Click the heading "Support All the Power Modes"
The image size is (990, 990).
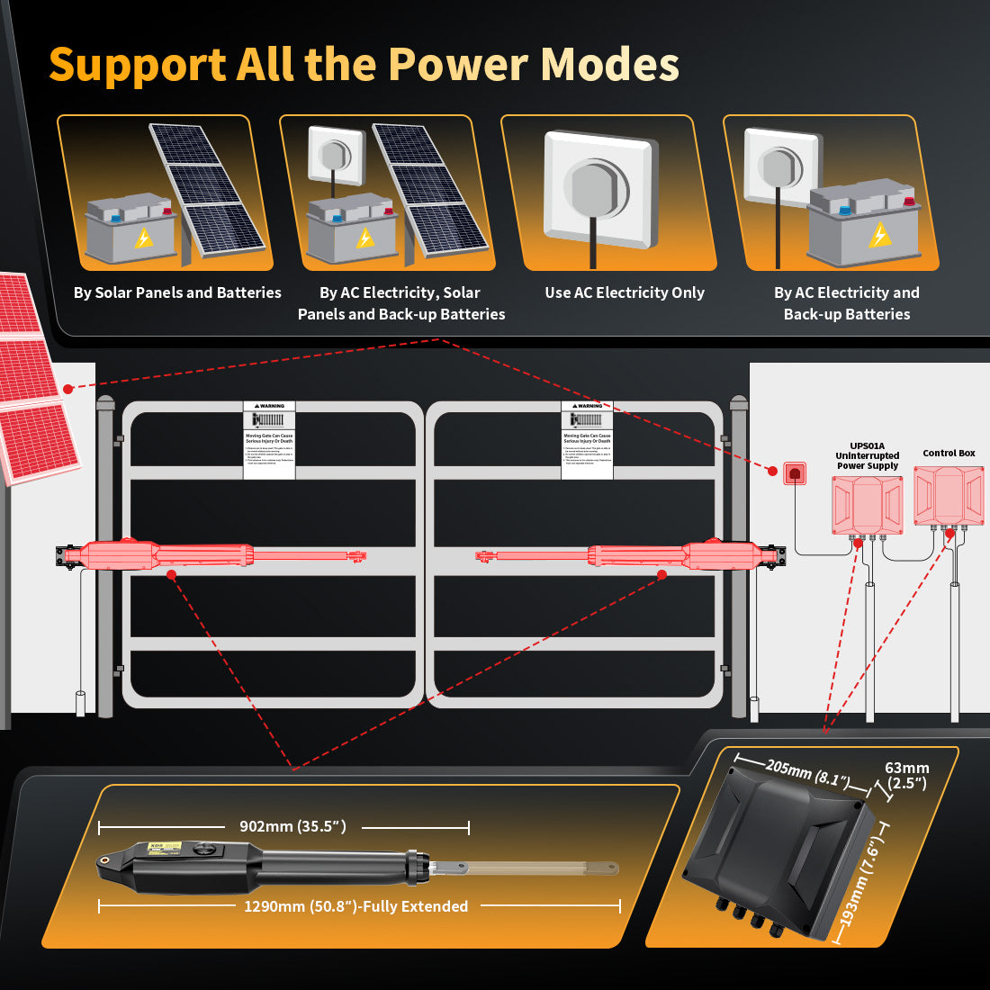(364, 65)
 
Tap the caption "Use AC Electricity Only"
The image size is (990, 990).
(624, 292)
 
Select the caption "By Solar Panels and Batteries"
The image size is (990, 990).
(177, 292)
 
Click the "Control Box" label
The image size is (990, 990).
(949, 454)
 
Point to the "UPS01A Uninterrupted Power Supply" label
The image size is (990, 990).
(868, 455)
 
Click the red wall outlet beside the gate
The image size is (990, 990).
(794, 472)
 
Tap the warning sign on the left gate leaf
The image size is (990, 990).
(269, 439)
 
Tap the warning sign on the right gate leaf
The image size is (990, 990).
(587, 439)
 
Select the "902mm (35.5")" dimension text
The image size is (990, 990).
(292, 826)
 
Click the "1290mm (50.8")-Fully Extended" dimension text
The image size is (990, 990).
(355, 906)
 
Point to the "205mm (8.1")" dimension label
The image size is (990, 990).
(806, 772)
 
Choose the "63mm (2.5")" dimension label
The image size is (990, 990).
(906, 775)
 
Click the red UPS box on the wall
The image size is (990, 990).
(867, 505)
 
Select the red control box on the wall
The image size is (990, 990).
(949, 496)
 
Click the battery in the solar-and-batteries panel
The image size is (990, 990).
(130, 229)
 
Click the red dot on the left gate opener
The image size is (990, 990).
(171, 573)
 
